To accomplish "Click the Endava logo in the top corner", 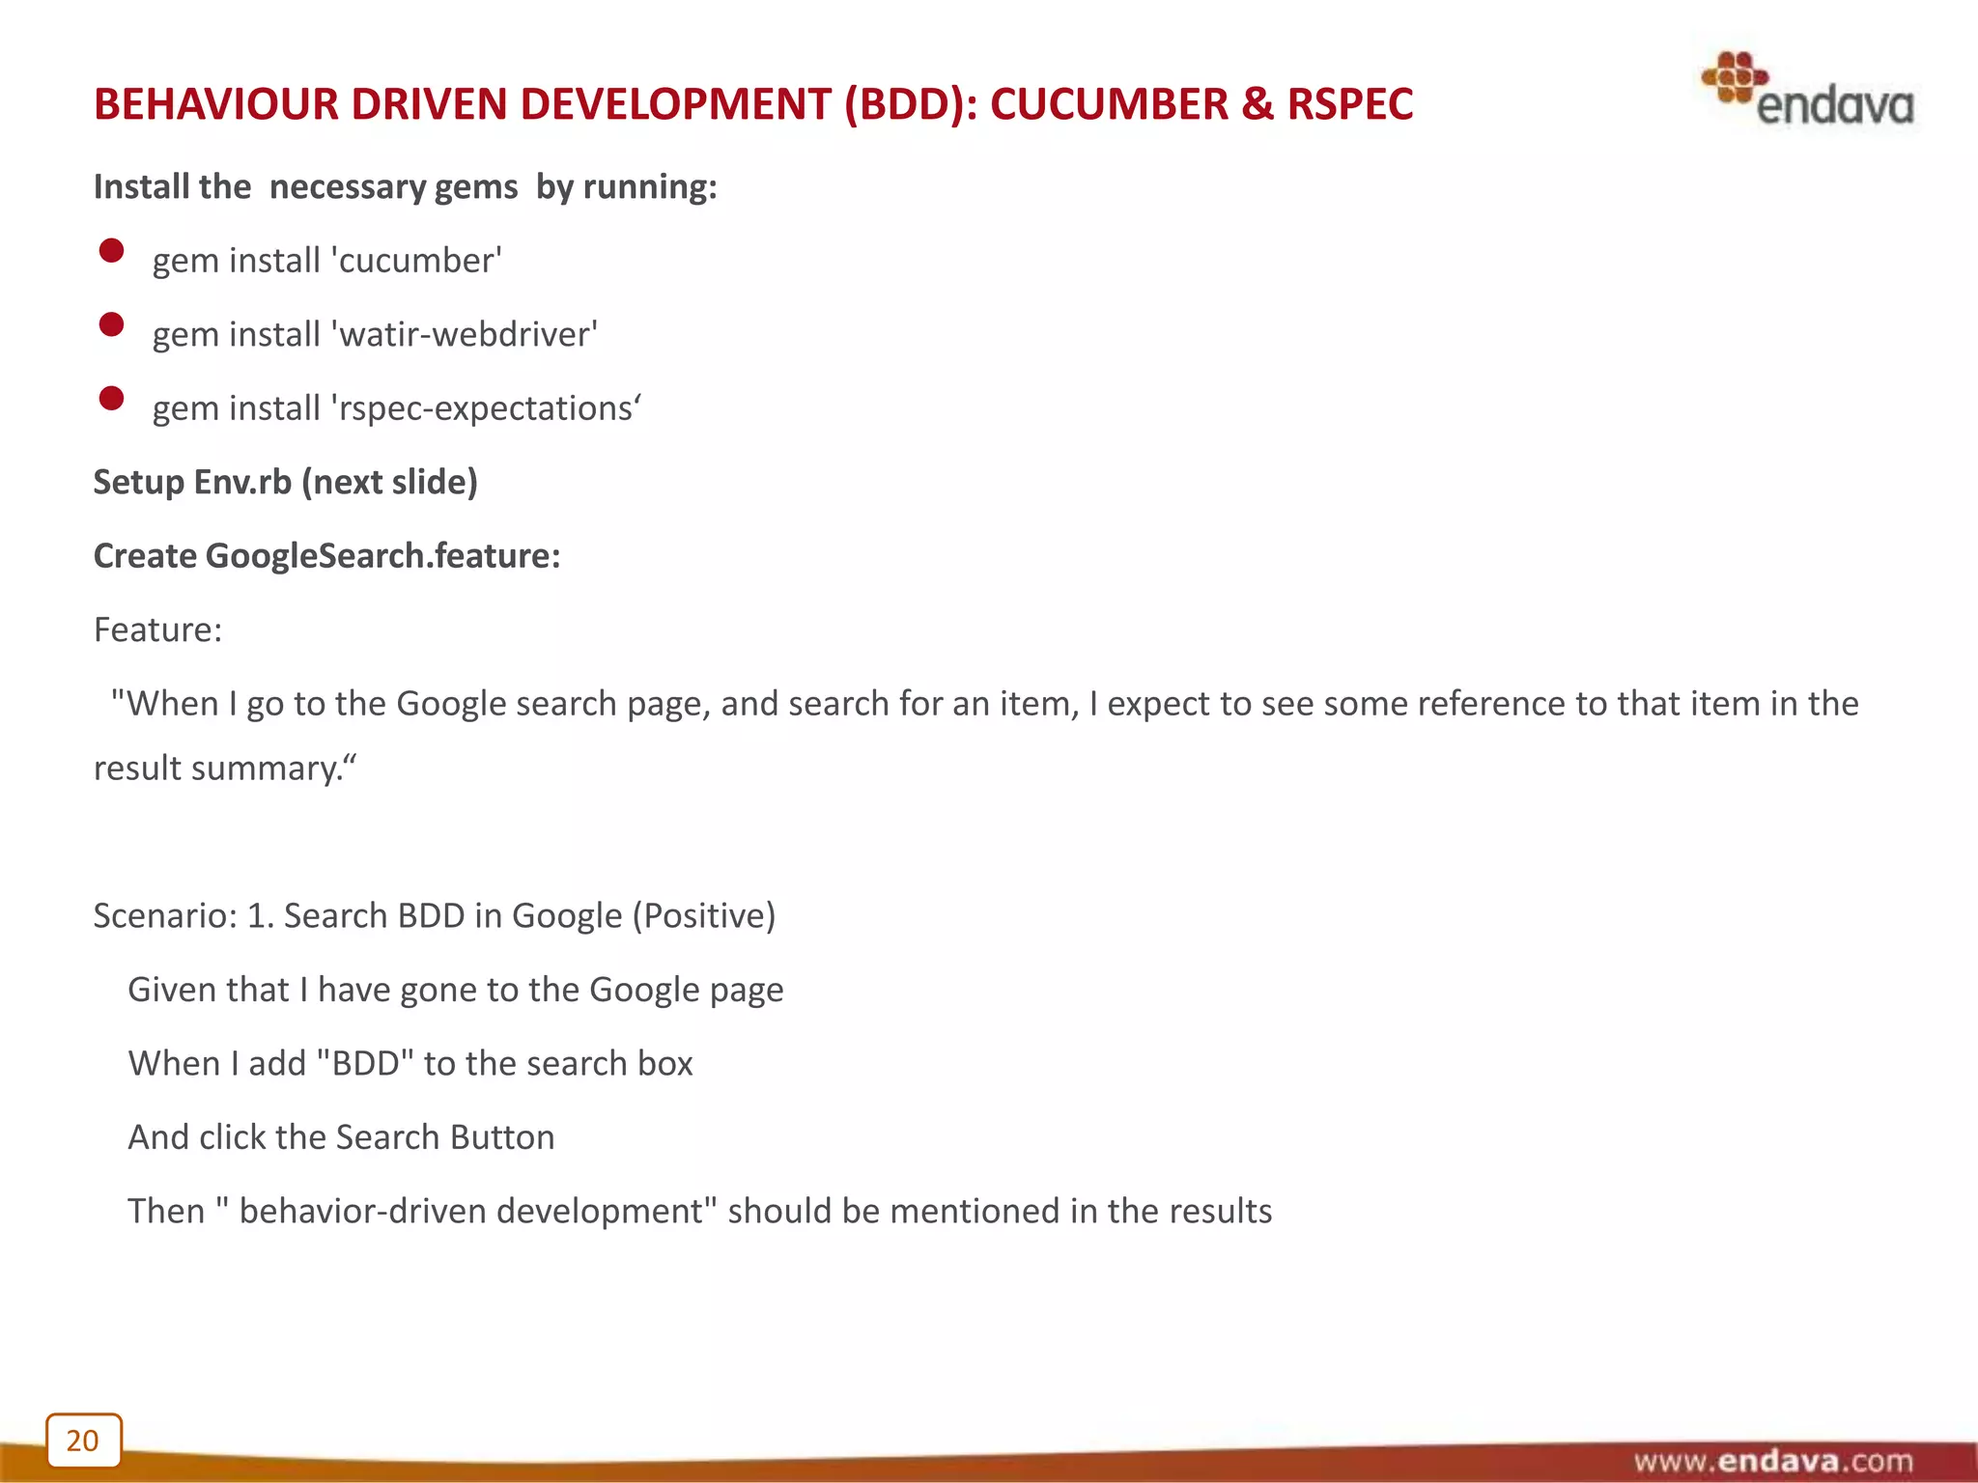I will (x=1807, y=90).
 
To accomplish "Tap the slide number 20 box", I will (x=84, y=1440).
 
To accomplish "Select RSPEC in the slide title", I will (x=1349, y=104).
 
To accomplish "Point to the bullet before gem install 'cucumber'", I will (x=111, y=251).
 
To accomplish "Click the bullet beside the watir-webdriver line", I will (x=111, y=324).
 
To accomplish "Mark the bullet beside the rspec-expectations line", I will (x=111, y=398).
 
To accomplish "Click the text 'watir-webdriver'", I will (x=465, y=335).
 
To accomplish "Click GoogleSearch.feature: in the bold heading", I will (x=382, y=556).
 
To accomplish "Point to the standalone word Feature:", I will (x=157, y=630).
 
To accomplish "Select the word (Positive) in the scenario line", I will (x=704, y=915).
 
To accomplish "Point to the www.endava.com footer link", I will (x=1772, y=1461).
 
